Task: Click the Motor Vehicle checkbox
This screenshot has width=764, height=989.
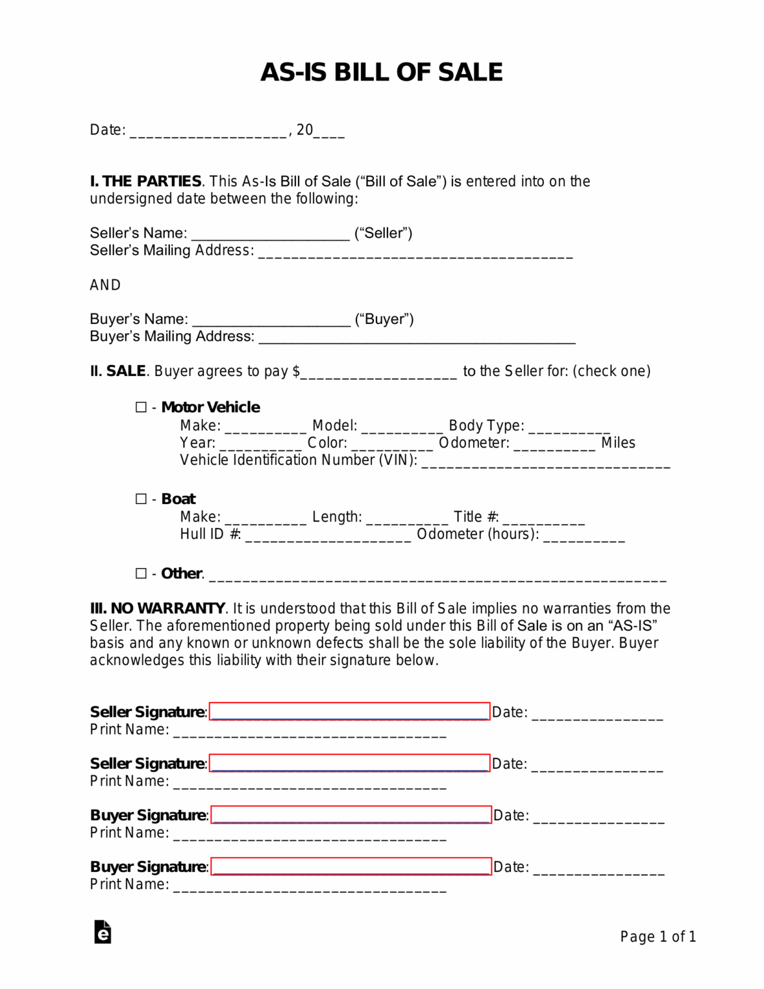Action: click(x=141, y=407)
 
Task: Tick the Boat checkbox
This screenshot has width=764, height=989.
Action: click(x=141, y=499)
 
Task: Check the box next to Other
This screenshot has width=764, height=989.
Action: click(x=141, y=573)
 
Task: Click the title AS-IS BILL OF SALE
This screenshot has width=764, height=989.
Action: click(x=382, y=72)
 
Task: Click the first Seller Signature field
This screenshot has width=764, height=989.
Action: click(x=349, y=711)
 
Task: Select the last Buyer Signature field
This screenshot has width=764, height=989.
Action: click(x=351, y=867)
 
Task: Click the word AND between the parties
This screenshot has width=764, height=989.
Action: click(x=105, y=285)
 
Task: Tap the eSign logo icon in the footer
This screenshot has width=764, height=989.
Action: click(x=102, y=932)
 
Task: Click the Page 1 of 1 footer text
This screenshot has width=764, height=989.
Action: click(x=658, y=937)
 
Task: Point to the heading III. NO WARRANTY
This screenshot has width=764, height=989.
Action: click(x=158, y=608)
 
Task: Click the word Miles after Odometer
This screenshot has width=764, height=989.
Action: click(x=618, y=443)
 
